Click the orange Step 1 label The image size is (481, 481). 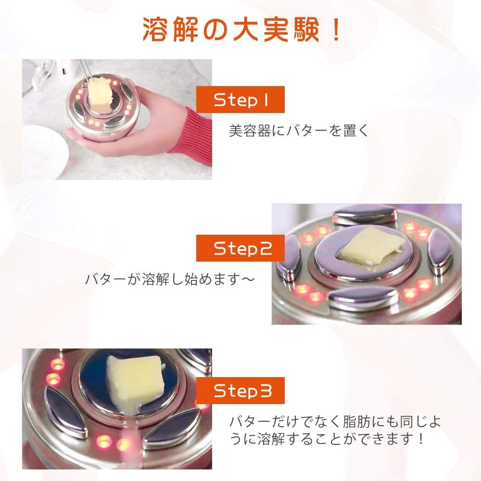coord(240,100)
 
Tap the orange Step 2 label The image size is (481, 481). coord(240,248)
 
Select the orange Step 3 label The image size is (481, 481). coord(240,391)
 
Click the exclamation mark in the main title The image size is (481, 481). coord(336,29)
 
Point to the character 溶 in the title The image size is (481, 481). coord(155,29)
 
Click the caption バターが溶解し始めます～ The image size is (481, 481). coord(170,279)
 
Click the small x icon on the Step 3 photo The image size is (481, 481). coord(209,352)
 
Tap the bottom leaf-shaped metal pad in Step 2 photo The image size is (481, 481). coord(363,298)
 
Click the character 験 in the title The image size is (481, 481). coord(306,29)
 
